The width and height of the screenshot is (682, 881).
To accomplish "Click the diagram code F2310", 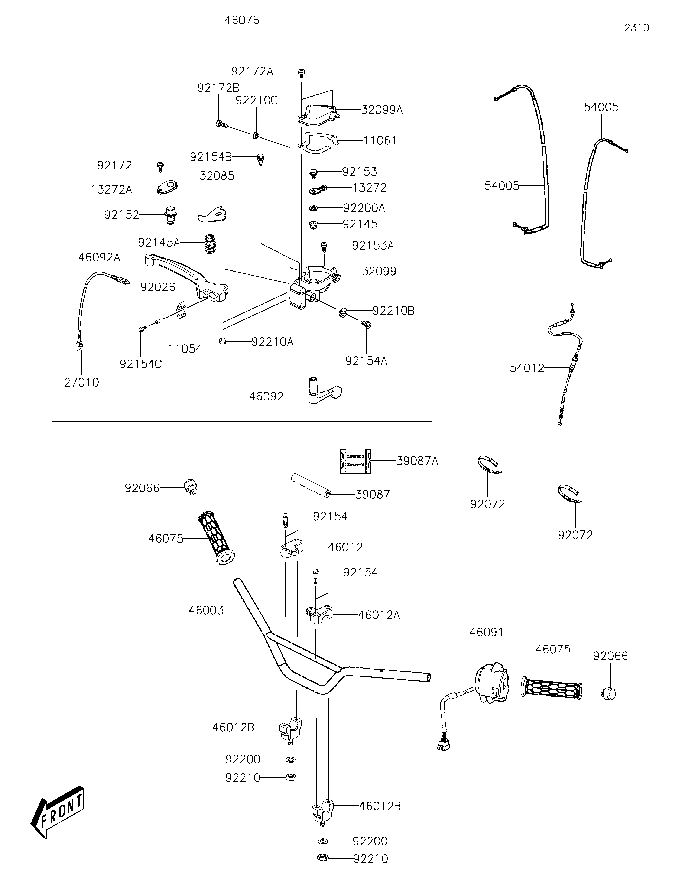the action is coord(633,28).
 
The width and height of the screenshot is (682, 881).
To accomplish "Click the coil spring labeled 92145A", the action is coord(209,244).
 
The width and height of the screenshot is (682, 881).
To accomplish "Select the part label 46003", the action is coord(206,610).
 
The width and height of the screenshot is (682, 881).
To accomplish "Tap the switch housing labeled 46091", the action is coord(492,683).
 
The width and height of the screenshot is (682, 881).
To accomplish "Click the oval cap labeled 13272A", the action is coord(167,188).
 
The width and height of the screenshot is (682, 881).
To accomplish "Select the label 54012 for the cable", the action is coord(527,368).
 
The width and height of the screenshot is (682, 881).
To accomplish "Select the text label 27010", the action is coord(81,382).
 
